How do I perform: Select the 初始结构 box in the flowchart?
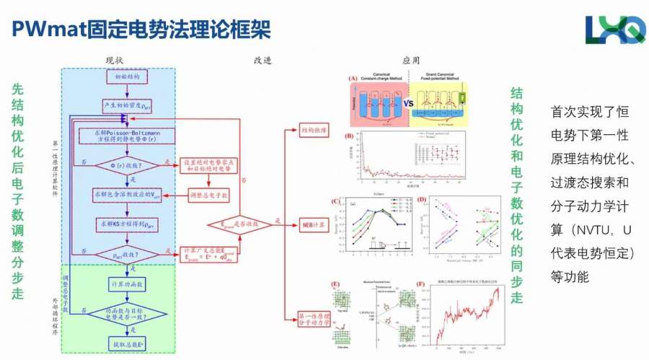tap(128, 76)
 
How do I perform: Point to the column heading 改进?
tap(263, 61)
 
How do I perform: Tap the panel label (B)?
tap(350, 136)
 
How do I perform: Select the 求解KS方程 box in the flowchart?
tap(128, 224)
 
